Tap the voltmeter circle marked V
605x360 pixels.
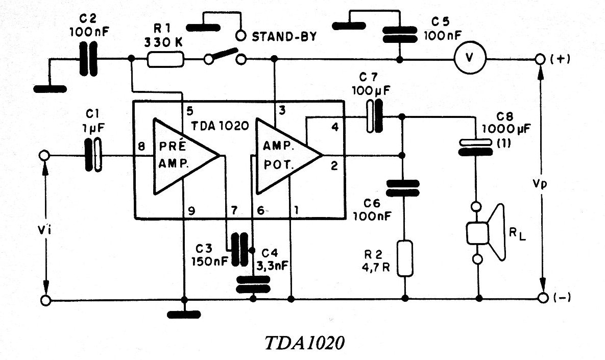[469, 58]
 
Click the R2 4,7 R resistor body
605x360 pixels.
[405, 258]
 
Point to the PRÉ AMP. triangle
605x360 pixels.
[185, 156]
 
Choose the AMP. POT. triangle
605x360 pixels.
[288, 156]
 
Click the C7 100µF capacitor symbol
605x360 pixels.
[374, 116]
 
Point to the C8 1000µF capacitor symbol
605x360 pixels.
[475, 147]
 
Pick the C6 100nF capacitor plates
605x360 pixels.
[402, 188]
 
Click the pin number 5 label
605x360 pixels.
[189, 111]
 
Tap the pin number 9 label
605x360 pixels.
[191, 211]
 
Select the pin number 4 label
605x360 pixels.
[335, 127]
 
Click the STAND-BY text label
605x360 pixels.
[284, 37]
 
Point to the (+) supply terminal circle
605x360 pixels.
[541, 59]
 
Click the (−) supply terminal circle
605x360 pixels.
[543, 298]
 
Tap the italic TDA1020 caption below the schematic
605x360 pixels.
[304, 343]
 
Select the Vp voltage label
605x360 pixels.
[540, 184]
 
